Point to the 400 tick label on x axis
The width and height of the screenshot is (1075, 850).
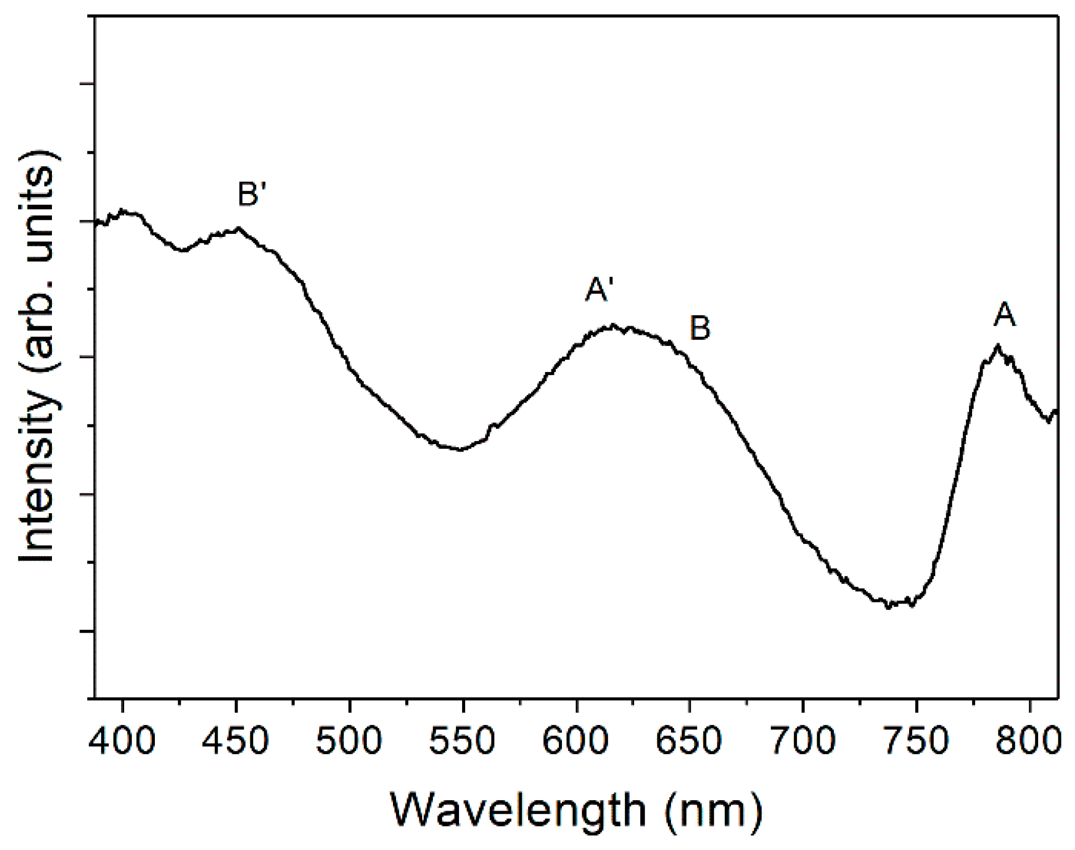tap(123, 741)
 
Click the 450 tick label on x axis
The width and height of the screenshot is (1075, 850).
tap(235, 741)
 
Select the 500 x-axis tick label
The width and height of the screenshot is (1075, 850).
tap(349, 741)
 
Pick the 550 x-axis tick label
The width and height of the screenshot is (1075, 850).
tap(462, 741)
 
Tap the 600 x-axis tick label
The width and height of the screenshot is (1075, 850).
tap(576, 741)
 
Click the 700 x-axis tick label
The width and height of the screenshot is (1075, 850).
tap(803, 741)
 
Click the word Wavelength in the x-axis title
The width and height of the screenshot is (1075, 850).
tap(518, 810)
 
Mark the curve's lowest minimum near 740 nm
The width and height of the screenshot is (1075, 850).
tap(888, 606)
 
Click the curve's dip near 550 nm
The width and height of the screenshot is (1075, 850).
tap(460, 449)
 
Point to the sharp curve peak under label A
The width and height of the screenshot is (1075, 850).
tap(997, 345)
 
